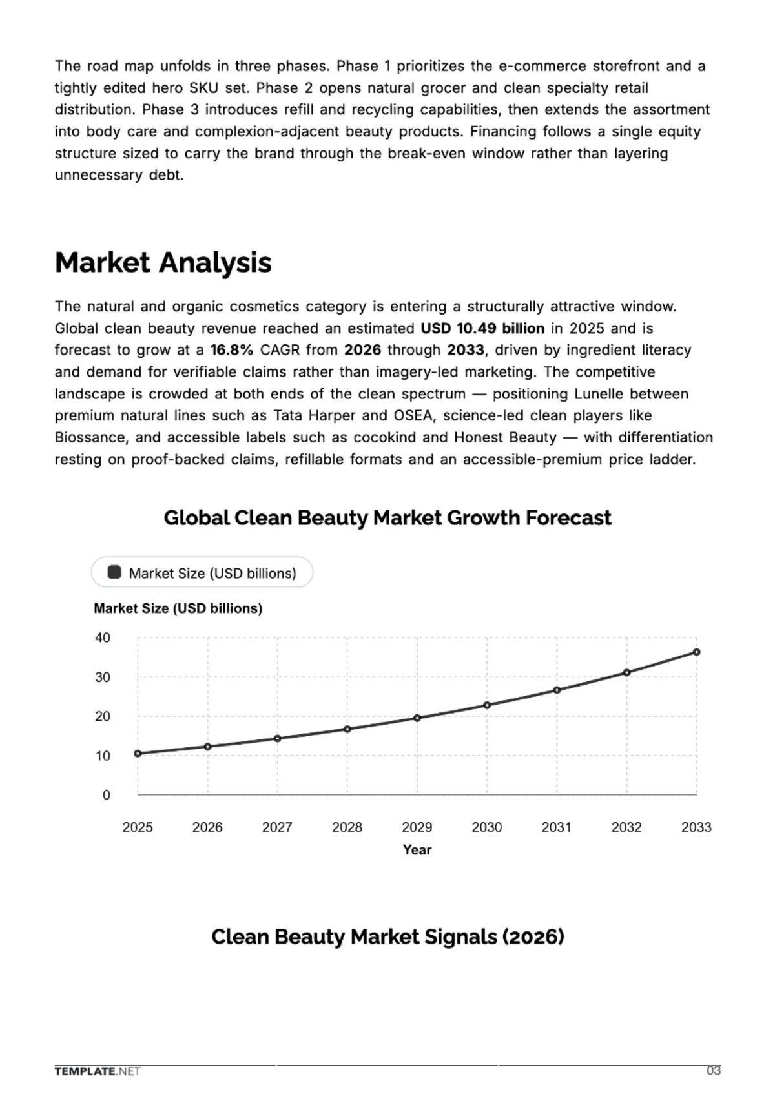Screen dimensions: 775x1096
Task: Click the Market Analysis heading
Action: pyautogui.click(x=163, y=263)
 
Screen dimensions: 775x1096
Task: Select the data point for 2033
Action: pyautogui.click(x=696, y=652)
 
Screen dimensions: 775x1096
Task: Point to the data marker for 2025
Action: pyautogui.click(x=138, y=754)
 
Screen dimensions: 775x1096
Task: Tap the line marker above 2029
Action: pyautogui.click(x=417, y=718)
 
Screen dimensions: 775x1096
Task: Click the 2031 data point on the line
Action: pyautogui.click(x=557, y=690)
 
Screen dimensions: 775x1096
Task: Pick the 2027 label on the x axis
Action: pyautogui.click(x=277, y=827)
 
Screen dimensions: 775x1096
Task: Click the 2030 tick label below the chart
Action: pyautogui.click(x=487, y=827)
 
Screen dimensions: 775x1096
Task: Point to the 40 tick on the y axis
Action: pyautogui.click(x=103, y=637)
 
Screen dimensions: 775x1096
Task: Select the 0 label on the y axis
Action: pyautogui.click(x=107, y=795)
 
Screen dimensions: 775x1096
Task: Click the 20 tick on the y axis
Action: pyautogui.click(x=103, y=716)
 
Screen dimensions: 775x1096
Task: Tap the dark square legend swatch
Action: pyautogui.click(x=114, y=572)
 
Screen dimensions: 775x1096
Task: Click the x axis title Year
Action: pyautogui.click(x=417, y=850)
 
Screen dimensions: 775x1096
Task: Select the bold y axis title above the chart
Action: pyautogui.click(x=178, y=608)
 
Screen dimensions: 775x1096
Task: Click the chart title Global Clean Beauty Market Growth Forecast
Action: pyautogui.click(x=387, y=518)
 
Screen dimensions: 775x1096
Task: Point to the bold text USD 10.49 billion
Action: pyautogui.click(x=482, y=328)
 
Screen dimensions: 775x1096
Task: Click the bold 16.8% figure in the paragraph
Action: pyautogui.click(x=232, y=350)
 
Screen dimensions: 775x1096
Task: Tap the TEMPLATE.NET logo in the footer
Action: pyautogui.click(x=98, y=1085)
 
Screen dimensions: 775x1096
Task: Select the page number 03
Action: pyautogui.click(x=714, y=1084)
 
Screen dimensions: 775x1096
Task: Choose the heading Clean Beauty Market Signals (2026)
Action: pyautogui.click(x=388, y=936)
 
